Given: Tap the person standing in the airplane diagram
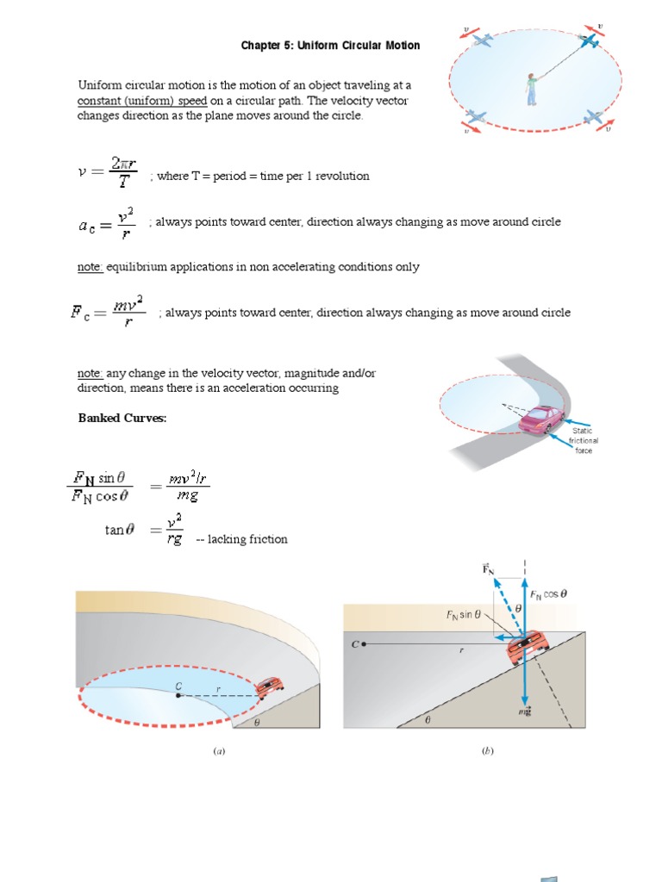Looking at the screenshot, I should tap(531, 86).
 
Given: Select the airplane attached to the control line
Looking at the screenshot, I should tap(591, 40).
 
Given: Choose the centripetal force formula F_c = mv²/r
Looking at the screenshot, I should tap(107, 313).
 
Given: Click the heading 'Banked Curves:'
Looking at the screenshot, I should tap(122, 418).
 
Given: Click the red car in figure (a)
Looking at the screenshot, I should tap(271, 686).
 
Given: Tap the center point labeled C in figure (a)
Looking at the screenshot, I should tap(178, 694).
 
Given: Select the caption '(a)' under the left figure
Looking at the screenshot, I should tap(219, 751).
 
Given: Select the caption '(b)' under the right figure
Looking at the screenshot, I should tap(487, 751).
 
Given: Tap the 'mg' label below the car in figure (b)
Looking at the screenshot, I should tap(524, 712).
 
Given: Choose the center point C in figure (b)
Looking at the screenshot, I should tap(365, 643).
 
